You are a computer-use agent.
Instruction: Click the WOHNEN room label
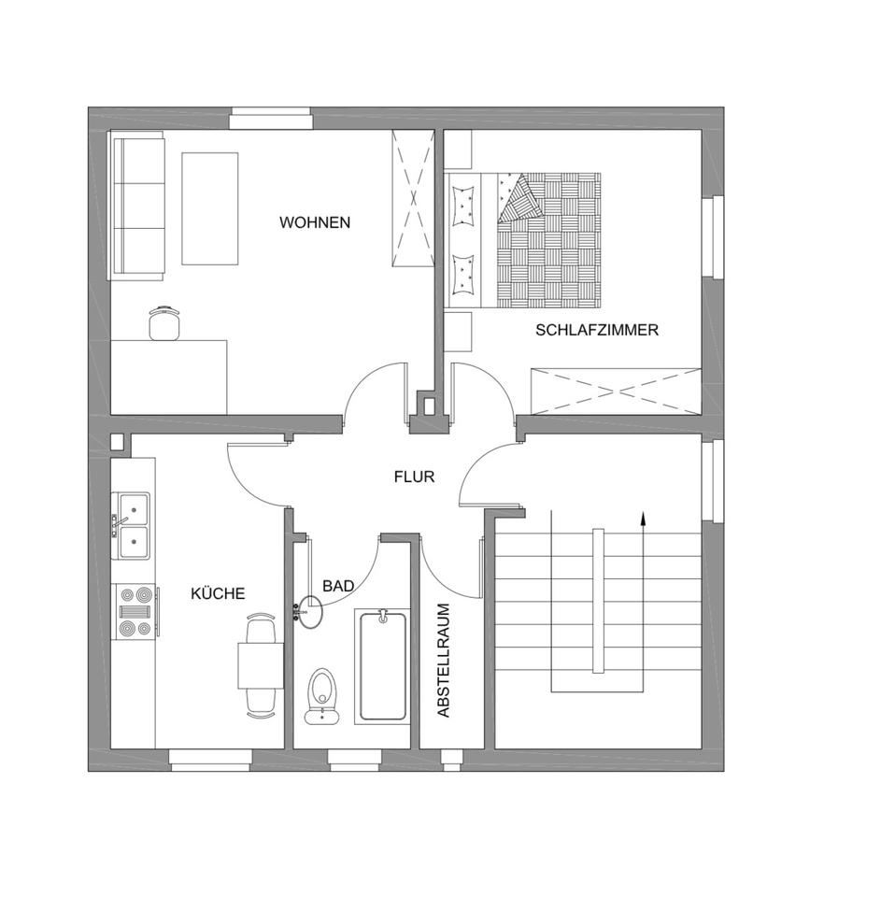point(315,222)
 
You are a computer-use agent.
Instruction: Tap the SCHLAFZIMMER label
point(597,330)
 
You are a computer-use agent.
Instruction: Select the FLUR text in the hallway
point(414,477)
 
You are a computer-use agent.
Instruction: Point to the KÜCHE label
point(218,593)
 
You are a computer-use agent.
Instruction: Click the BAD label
point(338,586)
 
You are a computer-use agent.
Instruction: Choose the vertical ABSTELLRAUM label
point(444,660)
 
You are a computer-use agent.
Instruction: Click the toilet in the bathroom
point(321,696)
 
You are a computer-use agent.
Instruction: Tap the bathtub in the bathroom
point(383,665)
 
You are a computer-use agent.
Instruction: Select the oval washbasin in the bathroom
point(309,611)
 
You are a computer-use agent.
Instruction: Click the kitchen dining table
point(261,666)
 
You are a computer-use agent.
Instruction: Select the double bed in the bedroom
point(523,239)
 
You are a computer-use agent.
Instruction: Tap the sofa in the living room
point(137,205)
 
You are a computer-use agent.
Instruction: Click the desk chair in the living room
point(165,321)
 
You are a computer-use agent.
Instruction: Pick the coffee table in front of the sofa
point(209,207)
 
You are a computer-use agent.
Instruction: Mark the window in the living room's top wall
point(271,119)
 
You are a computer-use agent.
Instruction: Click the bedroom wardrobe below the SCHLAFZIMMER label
point(614,391)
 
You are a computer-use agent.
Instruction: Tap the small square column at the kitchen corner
point(118,442)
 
